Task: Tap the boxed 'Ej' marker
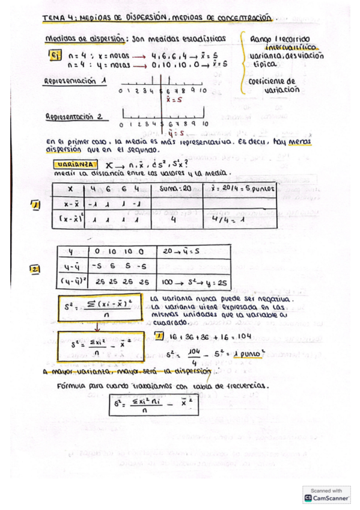tap(54, 55)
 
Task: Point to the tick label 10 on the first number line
tap(203, 90)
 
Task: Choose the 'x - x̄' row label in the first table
tap(71, 204)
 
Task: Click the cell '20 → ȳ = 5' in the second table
tap(182, 251)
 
